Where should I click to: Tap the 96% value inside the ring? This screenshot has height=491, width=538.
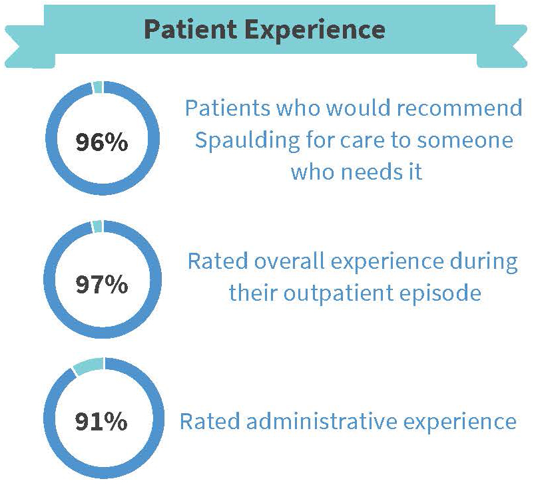pyautogui.click(x=101, y=142)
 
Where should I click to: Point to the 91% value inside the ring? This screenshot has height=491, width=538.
pyautogui.click(x=101, y=421)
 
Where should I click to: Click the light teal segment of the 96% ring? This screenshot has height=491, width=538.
pyautogui.click(x=97, y=86)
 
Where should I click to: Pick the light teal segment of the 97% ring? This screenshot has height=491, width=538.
pyautogui.click(x=97, y=227)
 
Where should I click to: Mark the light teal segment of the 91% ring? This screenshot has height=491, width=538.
pyautogui.click(x=88, y=366)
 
